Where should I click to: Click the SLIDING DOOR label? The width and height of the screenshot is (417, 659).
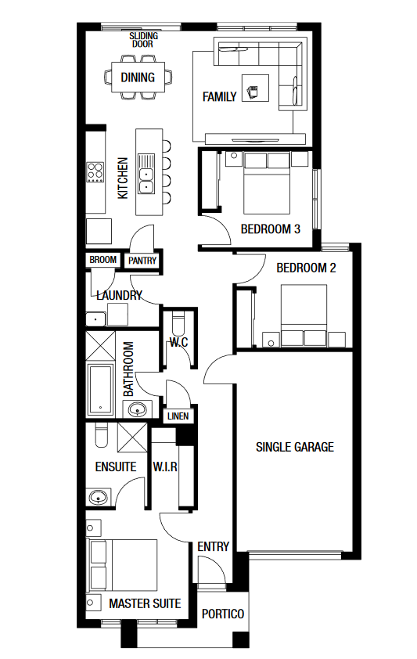pos(144,40)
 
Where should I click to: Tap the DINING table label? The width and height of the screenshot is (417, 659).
pos(138,77)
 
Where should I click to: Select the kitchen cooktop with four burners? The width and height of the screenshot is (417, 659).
pos(95,172)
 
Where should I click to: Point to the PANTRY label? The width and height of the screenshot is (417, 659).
pos(142,261)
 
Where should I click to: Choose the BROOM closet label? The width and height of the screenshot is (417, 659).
pos(103,260)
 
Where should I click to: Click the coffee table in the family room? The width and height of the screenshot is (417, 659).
pos(255,88)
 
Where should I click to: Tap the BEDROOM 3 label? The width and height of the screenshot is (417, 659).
pos(271,229)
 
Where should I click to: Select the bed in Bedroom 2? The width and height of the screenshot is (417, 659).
pos(304,315)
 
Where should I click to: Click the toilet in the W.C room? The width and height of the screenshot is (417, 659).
pos(178,324)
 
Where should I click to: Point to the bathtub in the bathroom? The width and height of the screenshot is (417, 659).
pos(100,389)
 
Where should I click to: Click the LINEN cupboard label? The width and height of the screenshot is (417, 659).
pos(178,416)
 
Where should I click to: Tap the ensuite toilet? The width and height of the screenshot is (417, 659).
pos(101,435)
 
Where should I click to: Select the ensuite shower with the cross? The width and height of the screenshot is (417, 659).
pos(132,438)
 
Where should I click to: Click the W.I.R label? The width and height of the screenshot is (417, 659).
pos(165,466)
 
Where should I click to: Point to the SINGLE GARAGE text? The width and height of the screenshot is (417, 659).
pos(295,447)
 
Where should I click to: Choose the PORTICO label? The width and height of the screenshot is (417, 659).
pos(223,614)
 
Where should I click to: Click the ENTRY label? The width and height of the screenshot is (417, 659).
pos(214,547)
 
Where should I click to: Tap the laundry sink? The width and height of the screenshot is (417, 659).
pos(95,319)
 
